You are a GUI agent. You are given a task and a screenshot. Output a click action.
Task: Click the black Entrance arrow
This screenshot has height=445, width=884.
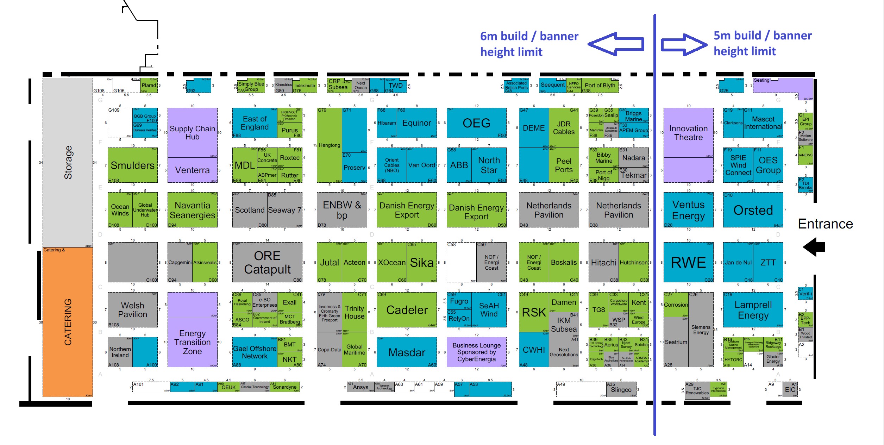coord(814,247)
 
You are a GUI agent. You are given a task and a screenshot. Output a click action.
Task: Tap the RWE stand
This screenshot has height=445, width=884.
coord(688,262)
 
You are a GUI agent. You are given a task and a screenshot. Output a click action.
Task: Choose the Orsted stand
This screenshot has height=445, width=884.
coord(753,210)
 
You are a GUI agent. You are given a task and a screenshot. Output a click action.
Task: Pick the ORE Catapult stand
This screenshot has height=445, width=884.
coord(267,262)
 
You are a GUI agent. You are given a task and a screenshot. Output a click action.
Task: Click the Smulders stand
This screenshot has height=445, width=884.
coord(132,165)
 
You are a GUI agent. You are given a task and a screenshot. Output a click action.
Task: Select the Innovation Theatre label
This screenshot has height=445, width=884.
coord(688,133)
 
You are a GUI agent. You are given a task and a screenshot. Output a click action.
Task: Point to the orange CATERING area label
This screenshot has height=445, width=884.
coord(68,322)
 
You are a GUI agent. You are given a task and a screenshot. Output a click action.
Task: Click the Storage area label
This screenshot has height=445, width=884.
coord(68,162)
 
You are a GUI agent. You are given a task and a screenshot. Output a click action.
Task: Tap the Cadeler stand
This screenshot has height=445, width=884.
coord(407,310)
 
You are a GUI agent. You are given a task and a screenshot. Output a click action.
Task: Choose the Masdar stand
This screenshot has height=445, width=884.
coord(407,352)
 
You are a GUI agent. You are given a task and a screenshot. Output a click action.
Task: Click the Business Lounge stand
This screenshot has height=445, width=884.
coord(476,352)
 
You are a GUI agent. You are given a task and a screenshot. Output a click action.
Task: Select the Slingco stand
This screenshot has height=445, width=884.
coord(621,389)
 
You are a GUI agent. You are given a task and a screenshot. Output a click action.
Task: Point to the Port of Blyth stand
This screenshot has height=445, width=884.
coord(600,85)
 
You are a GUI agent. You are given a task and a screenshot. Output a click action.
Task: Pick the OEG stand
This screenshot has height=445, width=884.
coord(476,123)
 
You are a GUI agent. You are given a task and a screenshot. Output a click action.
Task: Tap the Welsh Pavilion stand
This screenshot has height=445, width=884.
coord(132,310)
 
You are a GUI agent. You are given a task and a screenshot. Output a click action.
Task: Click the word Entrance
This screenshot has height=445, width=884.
coord(825,224)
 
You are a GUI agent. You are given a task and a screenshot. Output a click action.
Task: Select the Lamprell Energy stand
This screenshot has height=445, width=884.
coord(753,310)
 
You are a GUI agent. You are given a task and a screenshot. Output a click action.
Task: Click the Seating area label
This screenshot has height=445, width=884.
coord(761,80)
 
